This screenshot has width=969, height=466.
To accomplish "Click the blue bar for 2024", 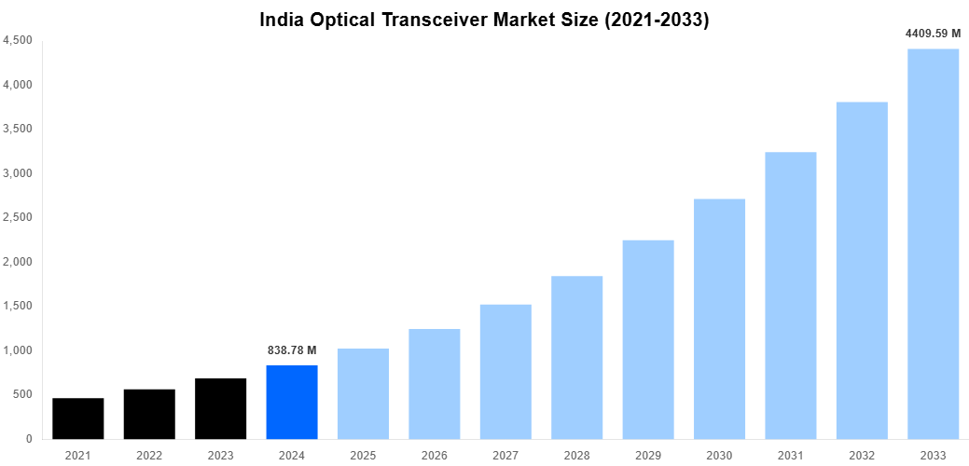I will (292, 402).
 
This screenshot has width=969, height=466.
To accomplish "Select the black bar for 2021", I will (78, 418).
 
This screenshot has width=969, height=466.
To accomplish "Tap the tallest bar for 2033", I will (933, 243).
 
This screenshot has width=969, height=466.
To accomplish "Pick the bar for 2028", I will (576, 357).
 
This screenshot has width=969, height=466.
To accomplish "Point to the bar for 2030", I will (719, 319).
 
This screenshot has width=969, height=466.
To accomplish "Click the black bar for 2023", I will (221, 408).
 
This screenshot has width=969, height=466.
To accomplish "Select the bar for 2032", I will (862, 270).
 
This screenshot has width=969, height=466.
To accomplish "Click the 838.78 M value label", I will (292, 350).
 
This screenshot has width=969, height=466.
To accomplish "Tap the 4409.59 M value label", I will (933, 34).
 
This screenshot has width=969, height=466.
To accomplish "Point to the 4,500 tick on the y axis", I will (18, 40).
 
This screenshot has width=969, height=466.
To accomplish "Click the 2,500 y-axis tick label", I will (18, 217).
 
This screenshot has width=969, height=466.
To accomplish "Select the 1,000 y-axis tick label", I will (18, 350).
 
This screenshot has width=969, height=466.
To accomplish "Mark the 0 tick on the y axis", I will (29, 439).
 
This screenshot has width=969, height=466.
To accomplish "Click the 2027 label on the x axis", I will (505, 456).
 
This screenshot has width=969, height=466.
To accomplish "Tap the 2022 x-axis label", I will (149, 456).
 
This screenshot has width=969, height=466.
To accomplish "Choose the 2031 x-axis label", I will (790, 456).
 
